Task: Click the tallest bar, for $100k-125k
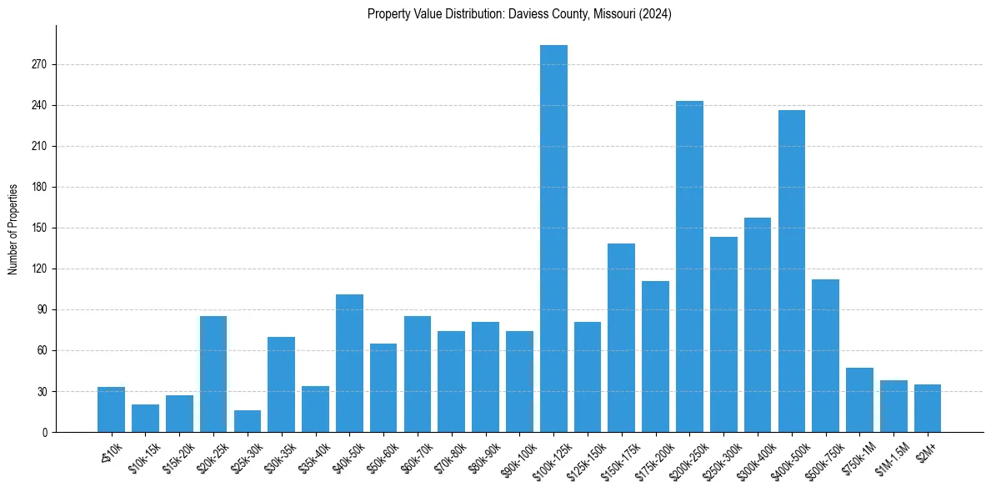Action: [x=553, y=238]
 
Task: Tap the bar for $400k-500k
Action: [x=792, y=271]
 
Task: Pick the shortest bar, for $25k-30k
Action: [x=248, y=421]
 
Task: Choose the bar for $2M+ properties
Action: [x=928, y=409]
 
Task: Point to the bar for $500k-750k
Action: [x=825, y=355]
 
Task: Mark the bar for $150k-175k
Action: [x=622, y=338]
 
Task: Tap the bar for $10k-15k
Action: [x=145, y=419]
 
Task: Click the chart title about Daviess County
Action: [x=519, y=14]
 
